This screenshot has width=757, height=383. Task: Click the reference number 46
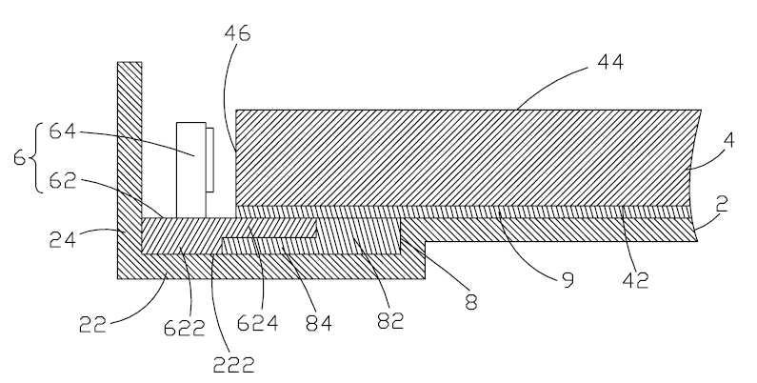237,33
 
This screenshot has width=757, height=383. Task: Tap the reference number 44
610,62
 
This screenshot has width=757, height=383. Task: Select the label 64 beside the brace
63,131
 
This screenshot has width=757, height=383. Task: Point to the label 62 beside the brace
63,181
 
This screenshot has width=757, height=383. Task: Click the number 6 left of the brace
19,157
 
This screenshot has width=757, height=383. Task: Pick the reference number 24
63,238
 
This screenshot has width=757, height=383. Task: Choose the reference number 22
92,325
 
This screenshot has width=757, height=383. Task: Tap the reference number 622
184,329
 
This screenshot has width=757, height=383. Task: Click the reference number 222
233,365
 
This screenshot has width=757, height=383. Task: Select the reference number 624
257,323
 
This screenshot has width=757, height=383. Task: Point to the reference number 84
319,323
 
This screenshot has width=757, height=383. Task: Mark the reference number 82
390,320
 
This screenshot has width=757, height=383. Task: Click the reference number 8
471,302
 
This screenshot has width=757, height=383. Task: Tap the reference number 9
568,280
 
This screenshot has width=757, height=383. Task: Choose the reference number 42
635,280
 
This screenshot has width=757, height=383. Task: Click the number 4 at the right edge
728,140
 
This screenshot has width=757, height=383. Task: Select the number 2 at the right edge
722,205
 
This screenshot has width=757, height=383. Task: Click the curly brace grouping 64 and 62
36,157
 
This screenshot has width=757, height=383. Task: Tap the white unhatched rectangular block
191,170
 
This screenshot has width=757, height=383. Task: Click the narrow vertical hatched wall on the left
129,140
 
